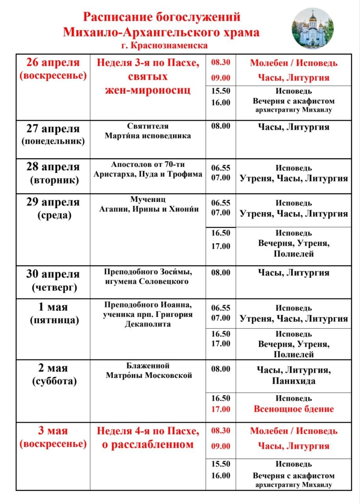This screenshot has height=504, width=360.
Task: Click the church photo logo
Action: pos(312,28)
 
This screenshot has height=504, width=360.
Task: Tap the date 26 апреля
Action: pos(53,63)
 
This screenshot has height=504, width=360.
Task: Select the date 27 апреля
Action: pos(53,129)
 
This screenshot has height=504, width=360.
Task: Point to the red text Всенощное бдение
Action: pos(293,409)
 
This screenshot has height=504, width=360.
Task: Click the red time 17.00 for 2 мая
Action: pos(221,409)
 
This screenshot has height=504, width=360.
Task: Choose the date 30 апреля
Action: pos(53,274)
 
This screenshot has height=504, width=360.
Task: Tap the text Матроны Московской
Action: pos(149,375)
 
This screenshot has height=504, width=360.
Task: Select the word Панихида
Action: pos(293,381)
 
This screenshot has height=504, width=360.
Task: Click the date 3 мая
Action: pos(53,431)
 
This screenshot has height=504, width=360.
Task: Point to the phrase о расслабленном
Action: pos(148,445)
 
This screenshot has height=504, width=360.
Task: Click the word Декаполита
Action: pos(148,324)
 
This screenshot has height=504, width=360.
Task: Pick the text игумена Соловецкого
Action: pos(147,282)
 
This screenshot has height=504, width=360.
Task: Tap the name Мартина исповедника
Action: pos(148,136)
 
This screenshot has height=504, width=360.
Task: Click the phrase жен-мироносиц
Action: pos(148,90)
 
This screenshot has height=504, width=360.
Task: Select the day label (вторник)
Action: pos(53,180)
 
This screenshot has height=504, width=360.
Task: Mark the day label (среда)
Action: pos(53,215)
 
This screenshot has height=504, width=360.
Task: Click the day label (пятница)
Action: pos(53,320)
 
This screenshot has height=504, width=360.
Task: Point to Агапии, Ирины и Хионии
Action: pos(149,209)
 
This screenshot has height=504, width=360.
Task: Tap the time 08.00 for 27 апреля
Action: pos(221,126)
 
